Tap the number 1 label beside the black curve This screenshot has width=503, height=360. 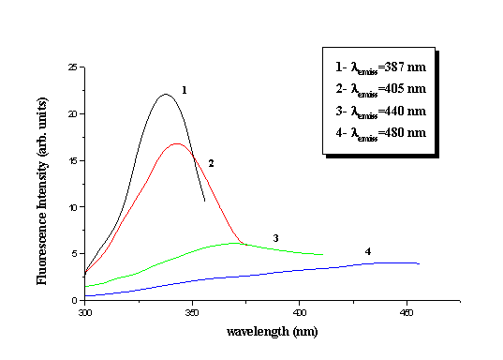pyautogui.click(x=185, y=91)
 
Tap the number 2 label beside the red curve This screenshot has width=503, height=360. pyautogui.click(x=212, y=163)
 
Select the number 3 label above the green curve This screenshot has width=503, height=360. pyautogui.click(x=275, y=238)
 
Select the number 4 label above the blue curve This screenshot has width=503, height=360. pyautogui.click(x=368, y=251)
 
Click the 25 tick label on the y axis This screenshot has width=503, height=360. pyautogui.click(x=72, y=67)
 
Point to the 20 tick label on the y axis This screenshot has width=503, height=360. pyautogui.click(x=72, y=114)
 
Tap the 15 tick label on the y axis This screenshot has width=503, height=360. pyautogui.click(x=72, y=160)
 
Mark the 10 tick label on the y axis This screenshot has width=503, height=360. pyautogui.click(x=72, y=207)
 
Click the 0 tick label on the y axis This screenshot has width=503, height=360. pyautogui.click(x=75, y=300)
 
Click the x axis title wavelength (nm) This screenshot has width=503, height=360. pyautogui.click(x=271, y=332)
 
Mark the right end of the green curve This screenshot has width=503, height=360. pyautogui.click(x=323, y=254)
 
